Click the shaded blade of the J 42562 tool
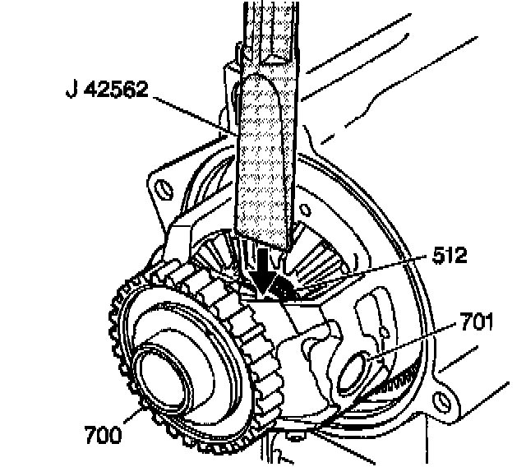point(264,164)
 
